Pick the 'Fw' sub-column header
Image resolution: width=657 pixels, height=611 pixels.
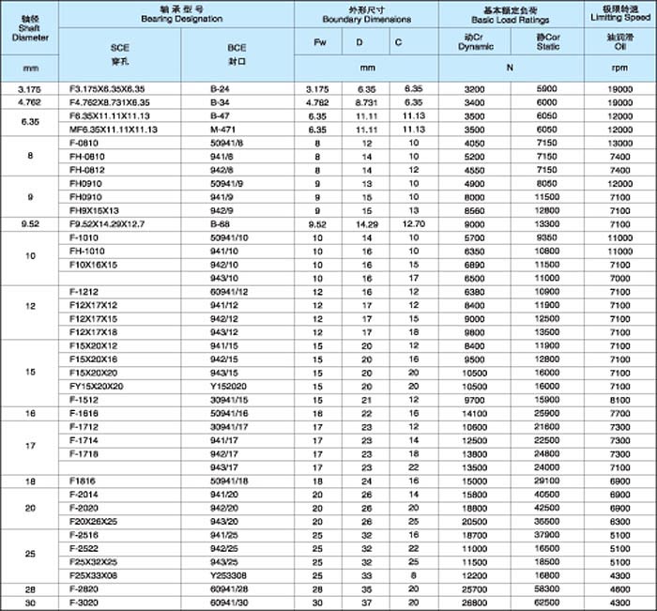click(318, 43)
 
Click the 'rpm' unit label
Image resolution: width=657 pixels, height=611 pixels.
click(620, 68)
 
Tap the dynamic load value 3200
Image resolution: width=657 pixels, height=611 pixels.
click(473, 87)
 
